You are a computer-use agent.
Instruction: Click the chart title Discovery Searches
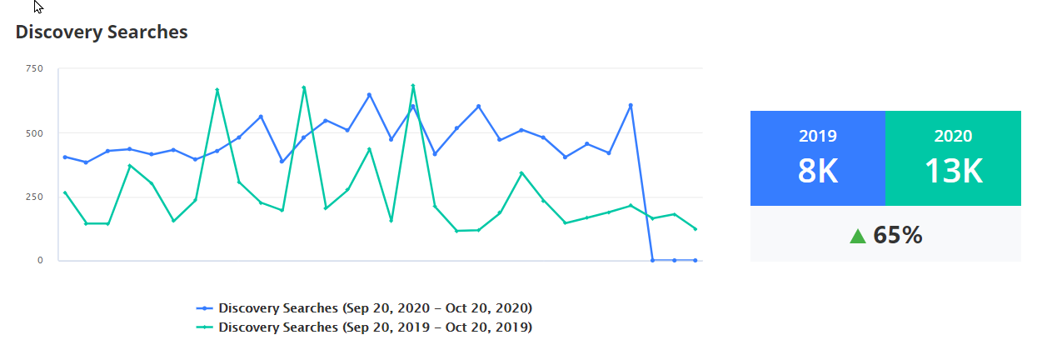coord(102,32)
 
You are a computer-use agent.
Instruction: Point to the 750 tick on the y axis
coord(34,68)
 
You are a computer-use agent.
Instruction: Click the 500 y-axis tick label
coord(34,132)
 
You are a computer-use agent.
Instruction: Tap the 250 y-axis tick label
coord(34,197)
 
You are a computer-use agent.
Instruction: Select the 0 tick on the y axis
coord(38,260)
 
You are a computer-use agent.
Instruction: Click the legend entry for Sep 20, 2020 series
coord(365,307)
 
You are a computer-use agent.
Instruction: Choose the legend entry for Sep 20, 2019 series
coord(365,327)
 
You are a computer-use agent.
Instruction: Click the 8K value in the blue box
coord(817,172)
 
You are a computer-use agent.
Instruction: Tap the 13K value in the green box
coord(953,172)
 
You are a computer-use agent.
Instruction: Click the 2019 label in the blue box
coord(817,137)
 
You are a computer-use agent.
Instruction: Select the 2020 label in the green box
coord(953,137)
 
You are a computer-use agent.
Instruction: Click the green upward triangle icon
coord(858,236)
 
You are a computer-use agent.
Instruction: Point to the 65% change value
coord(897,236)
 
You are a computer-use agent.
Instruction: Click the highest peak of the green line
coord(413,86)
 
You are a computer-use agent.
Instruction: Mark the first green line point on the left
coord(65,192)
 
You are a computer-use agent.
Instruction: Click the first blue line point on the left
coord(65,157)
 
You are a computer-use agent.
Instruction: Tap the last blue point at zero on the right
coord(696,260)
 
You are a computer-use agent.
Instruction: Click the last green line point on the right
coord(696,229)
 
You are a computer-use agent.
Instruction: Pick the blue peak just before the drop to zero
coord(631,105)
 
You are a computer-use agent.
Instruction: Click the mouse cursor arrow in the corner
coord(37,6)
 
